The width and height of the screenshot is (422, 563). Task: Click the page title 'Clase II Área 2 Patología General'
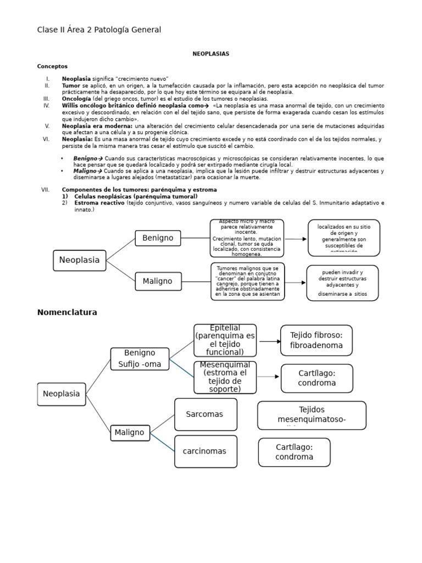[x=99, y=30]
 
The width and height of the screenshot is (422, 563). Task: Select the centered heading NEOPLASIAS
[x=210, y=54]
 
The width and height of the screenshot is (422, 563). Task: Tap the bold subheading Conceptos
[x=52, y=67]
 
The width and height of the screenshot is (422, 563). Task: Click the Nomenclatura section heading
[x=67, y=312]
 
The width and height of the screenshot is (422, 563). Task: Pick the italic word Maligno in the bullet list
[x=85, y=171]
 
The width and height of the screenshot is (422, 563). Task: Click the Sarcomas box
[x=206, y=414]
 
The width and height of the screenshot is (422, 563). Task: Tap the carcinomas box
[x=206, y=451]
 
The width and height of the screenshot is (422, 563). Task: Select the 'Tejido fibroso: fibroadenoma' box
[x=316, y=340]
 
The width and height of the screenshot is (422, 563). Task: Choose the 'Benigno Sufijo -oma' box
[x=140, y=358]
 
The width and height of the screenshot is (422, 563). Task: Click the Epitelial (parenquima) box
[x=225, y=340]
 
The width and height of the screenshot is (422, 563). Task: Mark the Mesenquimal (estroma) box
[x=225, y=377]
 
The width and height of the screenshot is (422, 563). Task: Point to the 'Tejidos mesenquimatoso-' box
[x=311, y=415]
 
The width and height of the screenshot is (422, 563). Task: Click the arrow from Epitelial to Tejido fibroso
[x=269, y=341]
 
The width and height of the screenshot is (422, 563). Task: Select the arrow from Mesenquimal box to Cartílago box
[x=269, y=377]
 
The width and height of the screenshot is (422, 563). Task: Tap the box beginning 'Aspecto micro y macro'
[x=247, y=238]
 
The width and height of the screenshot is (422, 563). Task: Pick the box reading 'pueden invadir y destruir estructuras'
[x=342, y=283]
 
